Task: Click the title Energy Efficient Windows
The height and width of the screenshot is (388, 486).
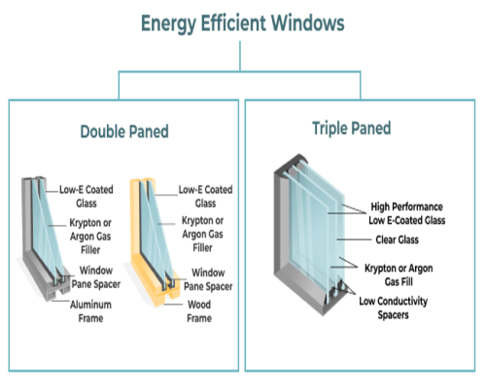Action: tap(243, 23)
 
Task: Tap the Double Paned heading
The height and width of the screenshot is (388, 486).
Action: tap(124, 132)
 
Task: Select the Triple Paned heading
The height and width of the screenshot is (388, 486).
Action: tap(352, 128)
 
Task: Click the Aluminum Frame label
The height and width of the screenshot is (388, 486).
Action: tap(90, 311)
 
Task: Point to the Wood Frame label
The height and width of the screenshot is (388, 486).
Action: tap(199, 311)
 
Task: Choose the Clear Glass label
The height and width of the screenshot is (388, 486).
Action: tap(398, 240)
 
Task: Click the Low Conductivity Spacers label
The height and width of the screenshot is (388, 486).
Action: tap(394, 307)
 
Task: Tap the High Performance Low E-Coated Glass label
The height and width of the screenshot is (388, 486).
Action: tap(407, 213)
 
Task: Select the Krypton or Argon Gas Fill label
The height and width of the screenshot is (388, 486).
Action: tap(399, 275)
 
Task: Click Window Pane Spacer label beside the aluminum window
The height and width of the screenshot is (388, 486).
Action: tap(96, 277)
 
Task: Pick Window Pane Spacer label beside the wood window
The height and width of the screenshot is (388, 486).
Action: tap(208, 279)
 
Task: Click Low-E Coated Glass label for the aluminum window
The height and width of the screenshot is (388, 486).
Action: tap(87, 196)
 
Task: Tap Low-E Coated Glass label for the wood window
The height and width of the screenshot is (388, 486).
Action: tap(205, 196)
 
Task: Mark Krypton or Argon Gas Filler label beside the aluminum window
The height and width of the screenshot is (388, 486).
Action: tap(90, 237)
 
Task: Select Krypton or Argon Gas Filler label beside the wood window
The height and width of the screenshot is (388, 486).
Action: tap(202, 234)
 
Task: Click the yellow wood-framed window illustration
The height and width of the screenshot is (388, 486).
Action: tap(155, 242)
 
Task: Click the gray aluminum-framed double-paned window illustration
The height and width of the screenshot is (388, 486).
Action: tap(46, 240)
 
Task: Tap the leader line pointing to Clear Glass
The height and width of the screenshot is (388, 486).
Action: tap(354, 240)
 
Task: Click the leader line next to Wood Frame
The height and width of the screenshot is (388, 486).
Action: tap(173, 305)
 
